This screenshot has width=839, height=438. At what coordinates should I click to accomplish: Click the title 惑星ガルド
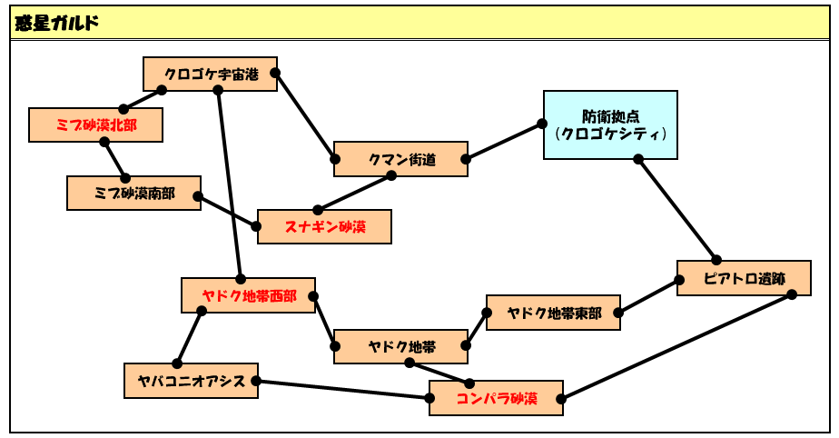[56, 23]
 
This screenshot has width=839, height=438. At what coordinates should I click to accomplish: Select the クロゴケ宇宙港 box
[211, 74]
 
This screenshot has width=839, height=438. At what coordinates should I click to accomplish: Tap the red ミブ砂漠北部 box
[95, 124]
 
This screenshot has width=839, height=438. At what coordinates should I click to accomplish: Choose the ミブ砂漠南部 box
[133, 193]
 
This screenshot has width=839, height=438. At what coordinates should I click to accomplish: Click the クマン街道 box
[400, 159]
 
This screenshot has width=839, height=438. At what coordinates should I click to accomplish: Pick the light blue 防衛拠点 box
[610, 124]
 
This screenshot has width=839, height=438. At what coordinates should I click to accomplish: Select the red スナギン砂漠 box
[324, 226]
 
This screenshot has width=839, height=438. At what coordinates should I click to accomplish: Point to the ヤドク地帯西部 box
[248, 295]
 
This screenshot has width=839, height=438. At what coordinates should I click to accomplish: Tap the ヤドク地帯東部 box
[553, 313]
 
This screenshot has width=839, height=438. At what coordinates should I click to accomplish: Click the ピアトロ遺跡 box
[744, 278]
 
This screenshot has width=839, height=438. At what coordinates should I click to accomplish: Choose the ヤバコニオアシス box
[191, 381]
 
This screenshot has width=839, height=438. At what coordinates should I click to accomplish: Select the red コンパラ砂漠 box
[496, 398]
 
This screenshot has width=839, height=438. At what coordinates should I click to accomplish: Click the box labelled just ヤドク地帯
[400, 346]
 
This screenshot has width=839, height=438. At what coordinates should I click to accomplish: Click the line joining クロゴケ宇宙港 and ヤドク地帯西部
[229, 184]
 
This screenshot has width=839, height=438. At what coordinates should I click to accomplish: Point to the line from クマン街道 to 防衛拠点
[504, 142]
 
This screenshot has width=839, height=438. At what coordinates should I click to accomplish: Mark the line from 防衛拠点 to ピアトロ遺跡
[676, 209]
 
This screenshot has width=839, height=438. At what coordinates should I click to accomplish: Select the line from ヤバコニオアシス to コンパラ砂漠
[342, 389]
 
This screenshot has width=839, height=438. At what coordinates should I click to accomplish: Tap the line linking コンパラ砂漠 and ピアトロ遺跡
[676, 346]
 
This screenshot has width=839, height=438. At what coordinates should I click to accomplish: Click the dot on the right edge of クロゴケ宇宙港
[275, 73]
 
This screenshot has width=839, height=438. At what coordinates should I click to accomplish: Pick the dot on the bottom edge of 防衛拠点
[637, 159]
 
